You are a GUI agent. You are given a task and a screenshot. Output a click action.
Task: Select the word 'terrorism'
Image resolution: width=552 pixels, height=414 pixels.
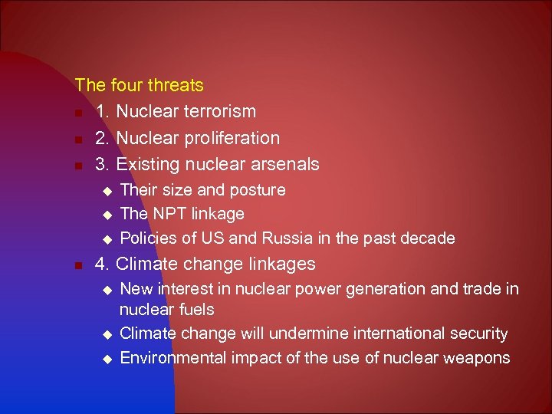pyautogui.click(x=219, y=111)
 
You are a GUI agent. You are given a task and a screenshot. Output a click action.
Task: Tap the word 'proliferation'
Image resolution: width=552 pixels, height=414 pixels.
pyautogui.click(x=233, y=138)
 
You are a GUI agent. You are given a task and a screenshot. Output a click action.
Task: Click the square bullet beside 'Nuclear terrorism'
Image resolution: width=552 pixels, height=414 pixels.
pyautogui.click(x=79, y=113)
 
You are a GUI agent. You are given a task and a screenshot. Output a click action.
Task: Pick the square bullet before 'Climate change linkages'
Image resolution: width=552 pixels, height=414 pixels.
pyautogui.click(x=79, y=265)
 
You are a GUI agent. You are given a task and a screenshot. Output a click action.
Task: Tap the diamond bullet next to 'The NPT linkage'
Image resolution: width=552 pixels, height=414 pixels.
pyautogui.click(x=107, y=214)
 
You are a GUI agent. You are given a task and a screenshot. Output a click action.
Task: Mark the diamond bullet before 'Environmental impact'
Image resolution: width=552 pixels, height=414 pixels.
pyautogui.click(x=107, y=358)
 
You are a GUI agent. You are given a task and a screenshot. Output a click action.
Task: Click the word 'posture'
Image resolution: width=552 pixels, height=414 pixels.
pyautogui.click(x=259, y=189)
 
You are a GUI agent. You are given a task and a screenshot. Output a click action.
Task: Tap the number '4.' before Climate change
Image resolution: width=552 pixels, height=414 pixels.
pyautogui.click(x=103, y=264)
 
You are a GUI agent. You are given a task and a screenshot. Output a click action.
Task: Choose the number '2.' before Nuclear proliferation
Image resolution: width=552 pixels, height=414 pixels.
pyautogui.click(x=103, y=138)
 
